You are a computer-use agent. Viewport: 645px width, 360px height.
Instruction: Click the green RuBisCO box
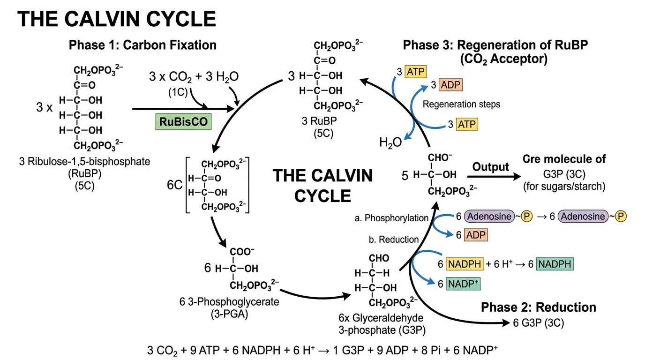pos(183,122)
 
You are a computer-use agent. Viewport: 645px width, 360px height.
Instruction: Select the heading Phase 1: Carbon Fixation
pos(142,45)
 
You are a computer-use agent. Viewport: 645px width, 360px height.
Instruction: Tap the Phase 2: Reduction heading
pos(539,307)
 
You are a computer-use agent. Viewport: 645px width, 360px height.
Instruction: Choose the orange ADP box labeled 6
pos(476,235)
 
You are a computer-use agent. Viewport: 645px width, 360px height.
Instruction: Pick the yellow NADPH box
pos(464,264)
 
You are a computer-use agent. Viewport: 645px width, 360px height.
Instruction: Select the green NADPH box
pos(555,264)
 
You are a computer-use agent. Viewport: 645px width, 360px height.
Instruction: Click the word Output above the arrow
pos(490,167)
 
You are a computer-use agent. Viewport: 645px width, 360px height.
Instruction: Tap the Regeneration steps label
pos(461,104)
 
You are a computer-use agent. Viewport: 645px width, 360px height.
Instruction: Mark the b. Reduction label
pos(394,240)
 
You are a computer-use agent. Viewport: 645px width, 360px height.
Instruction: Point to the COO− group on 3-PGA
pos(242,252)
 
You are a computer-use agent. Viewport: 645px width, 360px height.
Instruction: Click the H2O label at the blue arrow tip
pos(390,142)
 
